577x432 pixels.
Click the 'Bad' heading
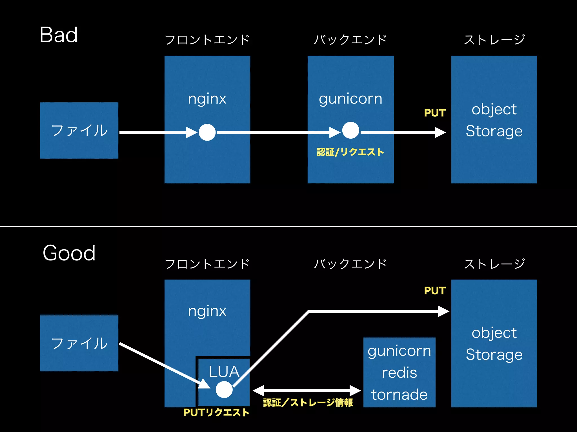point(59,35)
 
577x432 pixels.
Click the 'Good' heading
point(69,253)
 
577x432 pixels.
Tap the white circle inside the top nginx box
point(207,132)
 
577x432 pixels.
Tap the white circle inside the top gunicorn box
point(350,130)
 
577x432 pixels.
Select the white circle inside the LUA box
point(224,390)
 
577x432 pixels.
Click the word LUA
point(224,372)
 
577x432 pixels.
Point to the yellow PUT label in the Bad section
point(435,113)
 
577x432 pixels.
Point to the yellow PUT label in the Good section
point(435,291)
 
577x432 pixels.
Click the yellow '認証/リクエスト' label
point(350,152)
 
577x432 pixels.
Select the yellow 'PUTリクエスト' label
point(216,413)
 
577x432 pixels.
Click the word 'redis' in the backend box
point(399,373)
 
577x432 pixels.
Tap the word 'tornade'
point(399,395)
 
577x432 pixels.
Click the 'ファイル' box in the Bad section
point(79,130)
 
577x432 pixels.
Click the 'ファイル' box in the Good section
point(79,343)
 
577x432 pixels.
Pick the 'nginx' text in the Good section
point(207,311)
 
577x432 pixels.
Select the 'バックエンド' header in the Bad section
point(350,40)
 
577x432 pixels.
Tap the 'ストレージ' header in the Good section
point(494,264)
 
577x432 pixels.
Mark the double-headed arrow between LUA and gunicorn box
point(307,391)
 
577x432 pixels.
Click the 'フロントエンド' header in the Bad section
point(207,40)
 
